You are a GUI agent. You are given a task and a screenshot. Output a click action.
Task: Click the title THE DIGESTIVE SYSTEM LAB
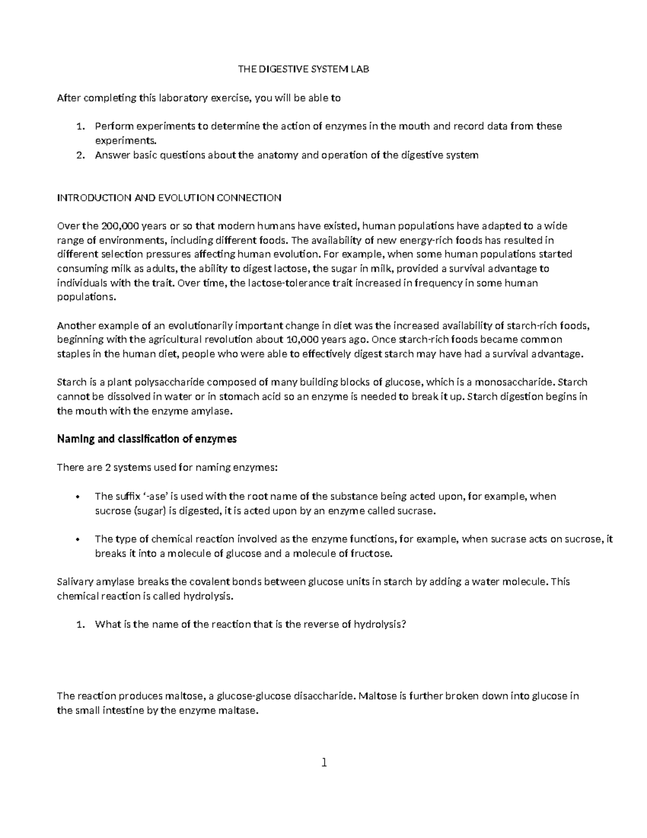coord(304,70)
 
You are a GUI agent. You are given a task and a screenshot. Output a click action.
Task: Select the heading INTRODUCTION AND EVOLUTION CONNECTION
coord(169,197)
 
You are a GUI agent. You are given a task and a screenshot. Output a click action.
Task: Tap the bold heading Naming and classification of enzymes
coord(147,439)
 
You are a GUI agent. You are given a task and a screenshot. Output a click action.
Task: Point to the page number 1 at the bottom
coord(323,762)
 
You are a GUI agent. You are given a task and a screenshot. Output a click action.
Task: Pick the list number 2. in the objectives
coord(80,155)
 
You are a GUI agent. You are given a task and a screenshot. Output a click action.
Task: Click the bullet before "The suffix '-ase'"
coord(78,496)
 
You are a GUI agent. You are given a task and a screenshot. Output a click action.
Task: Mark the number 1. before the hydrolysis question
coord(80,625)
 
